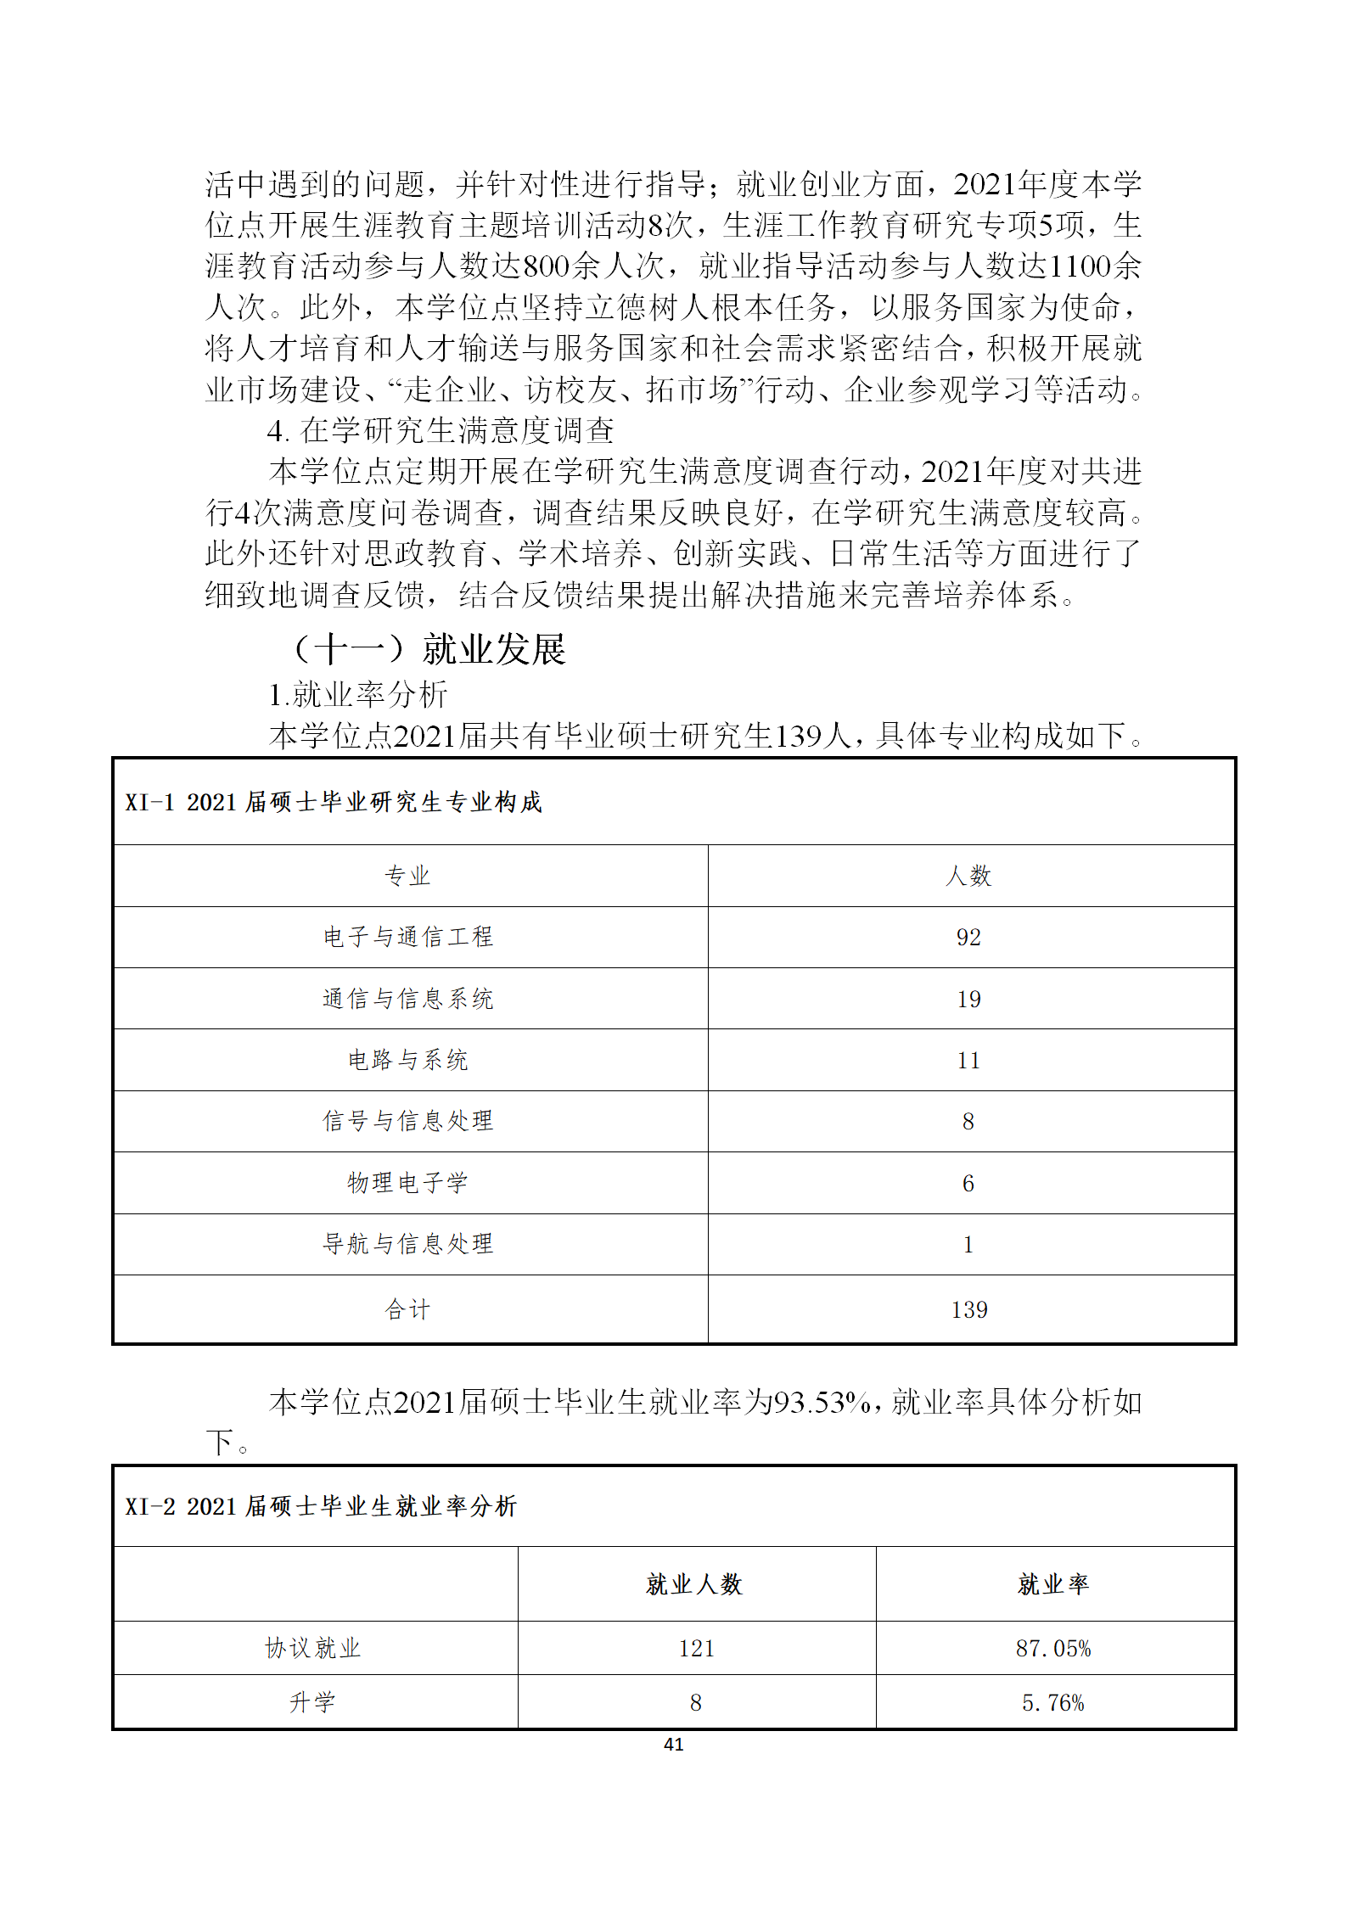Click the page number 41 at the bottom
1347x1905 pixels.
[x=673, y=1744]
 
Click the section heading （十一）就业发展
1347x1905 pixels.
[x=429, y=649]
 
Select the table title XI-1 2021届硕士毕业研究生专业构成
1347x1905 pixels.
[x=334, y=802]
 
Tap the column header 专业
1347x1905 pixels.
[x=408, y=876]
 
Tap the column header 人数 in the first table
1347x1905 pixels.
[x=968, y=876]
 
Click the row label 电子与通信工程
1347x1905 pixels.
[x=408, y=937]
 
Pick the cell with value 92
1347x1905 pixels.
[x=968, y=937]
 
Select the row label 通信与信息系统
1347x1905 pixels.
[x=408, y=999]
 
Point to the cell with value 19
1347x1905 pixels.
[x=968, y=999]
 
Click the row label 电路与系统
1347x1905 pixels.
[x=408, y=1060]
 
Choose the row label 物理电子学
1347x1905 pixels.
[x=408, y=1183]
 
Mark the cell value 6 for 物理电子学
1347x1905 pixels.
[x=968, y=1183]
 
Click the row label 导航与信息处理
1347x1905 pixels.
[x=408, y=1244]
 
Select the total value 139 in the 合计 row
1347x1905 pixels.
[x=968, y=1309]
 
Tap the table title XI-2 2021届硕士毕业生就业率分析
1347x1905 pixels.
[x=321, y=1506]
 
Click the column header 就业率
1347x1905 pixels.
[x=1053, y=1583]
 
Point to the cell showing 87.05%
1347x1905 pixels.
[x=1053, y=1648]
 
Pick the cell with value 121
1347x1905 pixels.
[x=696, y=1648]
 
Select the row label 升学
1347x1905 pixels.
[x=313, y=1702]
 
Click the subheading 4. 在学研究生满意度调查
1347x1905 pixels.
[x=441, y=430]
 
